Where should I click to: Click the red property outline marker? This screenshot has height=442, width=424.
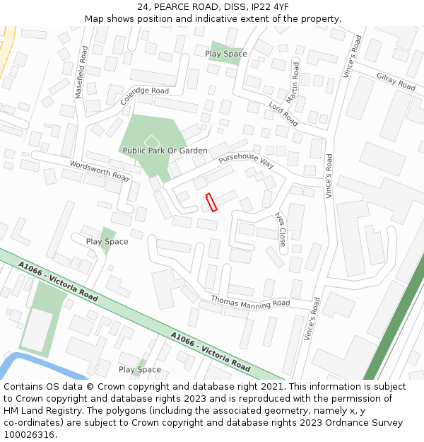tap(211, 202)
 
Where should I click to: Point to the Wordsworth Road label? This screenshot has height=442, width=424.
tap(100, 170)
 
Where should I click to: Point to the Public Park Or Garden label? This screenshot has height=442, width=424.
tap(165, 151)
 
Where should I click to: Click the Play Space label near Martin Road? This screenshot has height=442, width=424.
tap(226, 54)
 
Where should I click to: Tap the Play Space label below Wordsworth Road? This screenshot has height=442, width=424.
tap(107, 242)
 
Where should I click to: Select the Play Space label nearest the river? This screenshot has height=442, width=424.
tap(140, 370)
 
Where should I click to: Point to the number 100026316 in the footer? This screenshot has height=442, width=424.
tap(30, 435)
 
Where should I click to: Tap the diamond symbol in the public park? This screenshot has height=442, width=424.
tap(151, 141)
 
